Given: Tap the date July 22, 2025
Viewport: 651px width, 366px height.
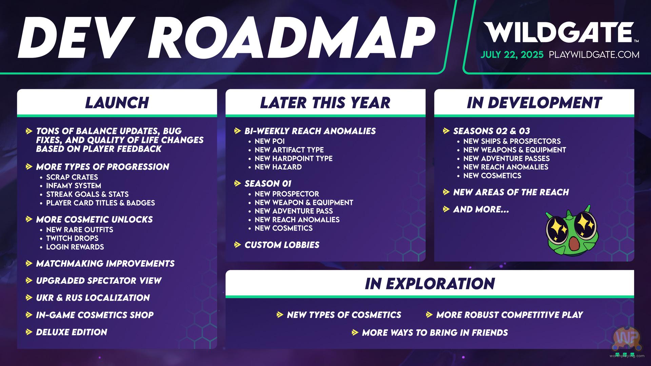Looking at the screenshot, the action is (512, 55).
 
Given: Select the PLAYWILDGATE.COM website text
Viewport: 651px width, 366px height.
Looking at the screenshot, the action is (594, 55).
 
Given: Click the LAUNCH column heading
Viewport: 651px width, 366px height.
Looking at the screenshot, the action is (117, 103).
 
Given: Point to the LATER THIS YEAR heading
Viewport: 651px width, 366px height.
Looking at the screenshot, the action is (325, 103).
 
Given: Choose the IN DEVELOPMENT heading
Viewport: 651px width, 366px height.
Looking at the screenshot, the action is (534, 103).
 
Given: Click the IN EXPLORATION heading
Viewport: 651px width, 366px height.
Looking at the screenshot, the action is (430, 284).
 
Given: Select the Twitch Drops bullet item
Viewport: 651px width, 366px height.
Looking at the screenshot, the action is (72, 238).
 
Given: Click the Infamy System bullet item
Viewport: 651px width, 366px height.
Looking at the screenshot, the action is (74, 186).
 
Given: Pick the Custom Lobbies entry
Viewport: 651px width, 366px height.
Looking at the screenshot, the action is (282, 245).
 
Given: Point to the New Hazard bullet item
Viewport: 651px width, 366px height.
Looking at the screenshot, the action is (278, 167).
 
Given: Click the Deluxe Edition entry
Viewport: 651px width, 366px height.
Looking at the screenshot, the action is (72, 332).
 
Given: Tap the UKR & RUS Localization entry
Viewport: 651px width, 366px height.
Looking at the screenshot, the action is (93, 298).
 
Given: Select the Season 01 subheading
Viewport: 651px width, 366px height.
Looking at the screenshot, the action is (268, 184).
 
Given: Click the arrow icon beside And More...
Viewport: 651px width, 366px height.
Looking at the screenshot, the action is (446, 209).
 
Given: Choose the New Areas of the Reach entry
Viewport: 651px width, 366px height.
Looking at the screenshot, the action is (511, 192).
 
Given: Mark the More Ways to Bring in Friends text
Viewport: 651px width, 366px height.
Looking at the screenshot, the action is (435, 332).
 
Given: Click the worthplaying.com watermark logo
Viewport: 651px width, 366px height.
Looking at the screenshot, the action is (627, 342).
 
